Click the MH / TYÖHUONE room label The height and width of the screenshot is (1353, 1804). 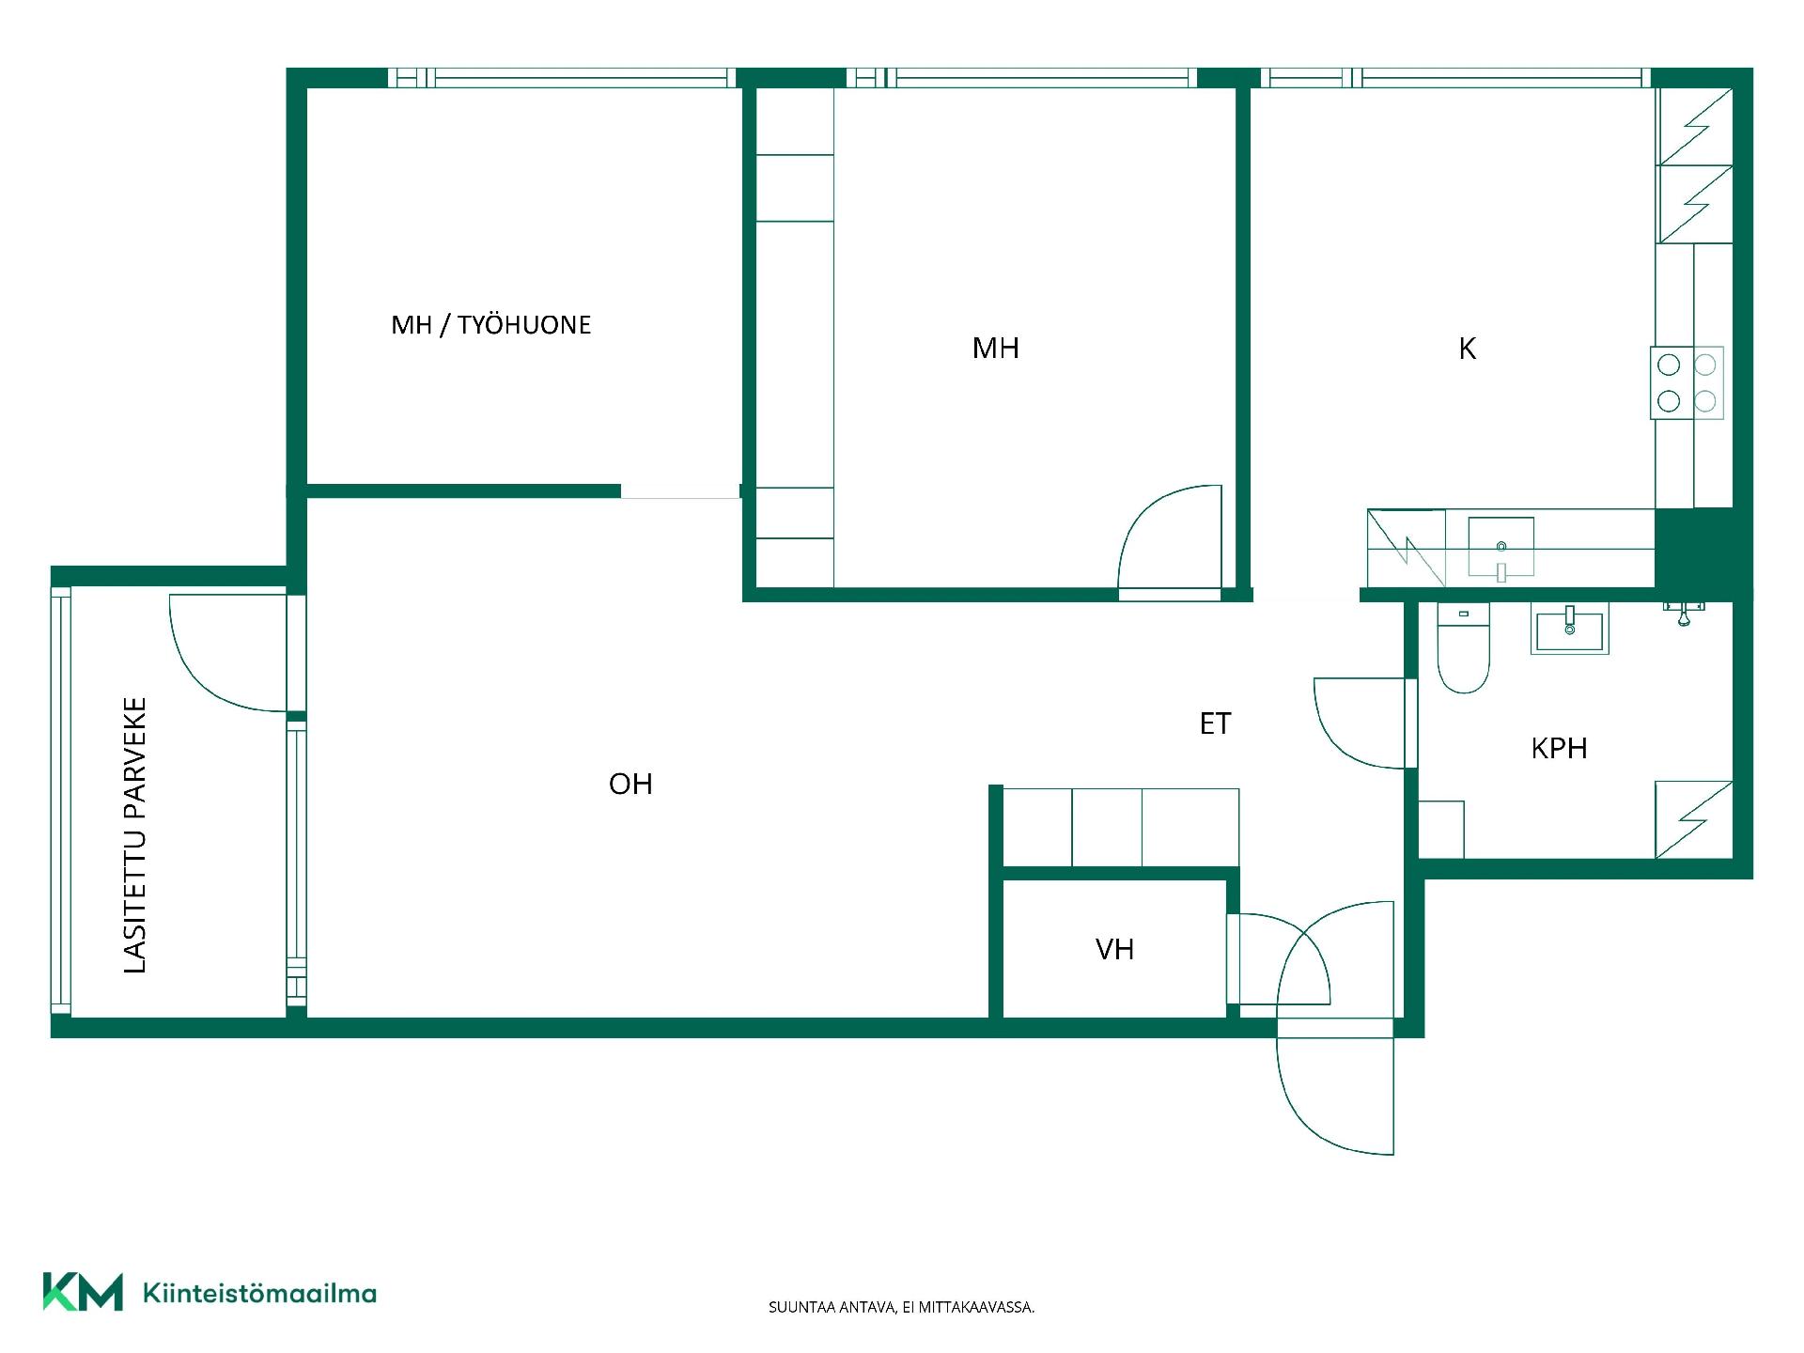tap(491, 325)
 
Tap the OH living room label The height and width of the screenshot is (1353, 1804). tap(630, 784)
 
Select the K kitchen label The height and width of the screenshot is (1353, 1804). tap(1467, 349)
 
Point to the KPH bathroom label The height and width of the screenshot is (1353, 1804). tap(1559, 748)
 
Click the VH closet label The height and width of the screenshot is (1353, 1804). tap(1114, 949)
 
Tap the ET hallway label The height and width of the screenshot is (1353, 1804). tap(1215, 723)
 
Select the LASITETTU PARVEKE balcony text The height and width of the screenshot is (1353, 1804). tap(135, 835)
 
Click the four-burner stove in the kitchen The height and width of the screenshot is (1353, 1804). tap(1687, 382)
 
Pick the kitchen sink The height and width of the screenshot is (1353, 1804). tap(1501, 547)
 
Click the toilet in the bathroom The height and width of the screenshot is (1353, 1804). tap(1463, 648)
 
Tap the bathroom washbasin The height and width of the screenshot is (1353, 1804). tap(1569, 628)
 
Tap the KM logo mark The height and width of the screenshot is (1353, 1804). tap(83, 1291)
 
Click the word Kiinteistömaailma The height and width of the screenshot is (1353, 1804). tap(259, 1293)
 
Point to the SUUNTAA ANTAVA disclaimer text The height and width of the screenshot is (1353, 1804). tap(901, 1307)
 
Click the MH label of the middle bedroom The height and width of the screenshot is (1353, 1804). tap(995, 349)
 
